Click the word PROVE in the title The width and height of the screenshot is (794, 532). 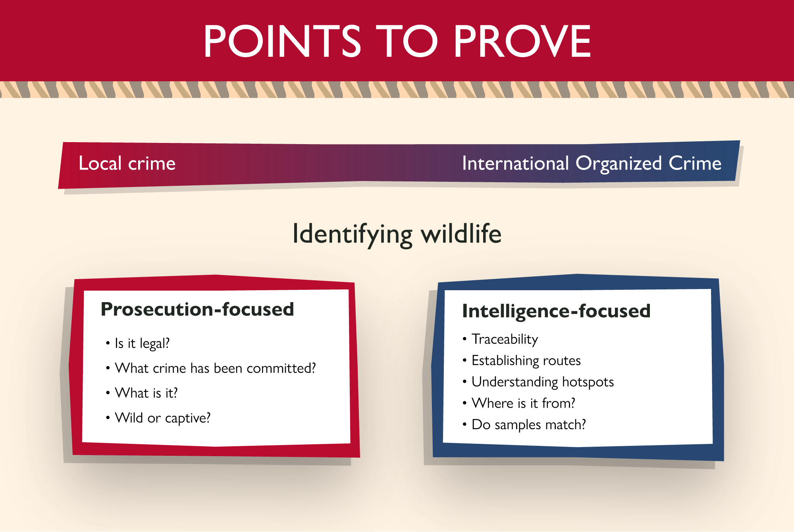[x=522, y=41]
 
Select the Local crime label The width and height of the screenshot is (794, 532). [x=127, y=163]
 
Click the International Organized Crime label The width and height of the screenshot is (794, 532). [x=592, y=164]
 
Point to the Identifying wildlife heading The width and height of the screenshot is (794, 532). [x=397, y=234]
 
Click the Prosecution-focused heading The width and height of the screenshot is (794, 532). [x=197, y=309]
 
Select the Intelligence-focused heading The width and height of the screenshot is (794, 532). [x=556, y=311]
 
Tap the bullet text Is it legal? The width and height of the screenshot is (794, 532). [x=142, y=343]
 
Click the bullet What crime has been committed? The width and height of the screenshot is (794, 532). [x=215, y=368]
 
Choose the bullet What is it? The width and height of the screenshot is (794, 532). [x=146, y=393]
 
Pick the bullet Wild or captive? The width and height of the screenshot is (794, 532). [x=162, y=418]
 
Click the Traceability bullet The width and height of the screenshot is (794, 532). [x=505, y=339]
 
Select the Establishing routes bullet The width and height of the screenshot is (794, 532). [x=526, y=360]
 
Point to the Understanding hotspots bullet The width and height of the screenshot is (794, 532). [x=543, y=382]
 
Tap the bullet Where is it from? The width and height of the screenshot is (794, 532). [x=523, y=403]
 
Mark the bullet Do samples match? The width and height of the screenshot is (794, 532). [x=528, y=425]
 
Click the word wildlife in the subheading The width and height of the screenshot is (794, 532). [x=461, y=233]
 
